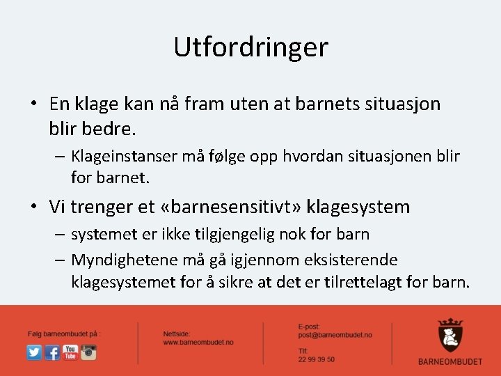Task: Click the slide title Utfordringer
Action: (250, 47)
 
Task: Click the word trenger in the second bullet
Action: (103, 207)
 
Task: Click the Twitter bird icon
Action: (34, 352)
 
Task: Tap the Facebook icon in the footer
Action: (52, 352)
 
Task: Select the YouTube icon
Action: (70, 352)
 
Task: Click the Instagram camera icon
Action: (88, 352)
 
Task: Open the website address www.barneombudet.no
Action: (198, 343)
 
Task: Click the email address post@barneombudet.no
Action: (335, 335)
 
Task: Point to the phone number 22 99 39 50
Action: (316, 359)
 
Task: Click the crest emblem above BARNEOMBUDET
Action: (450, 335)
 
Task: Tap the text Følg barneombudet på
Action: (64, 334)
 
